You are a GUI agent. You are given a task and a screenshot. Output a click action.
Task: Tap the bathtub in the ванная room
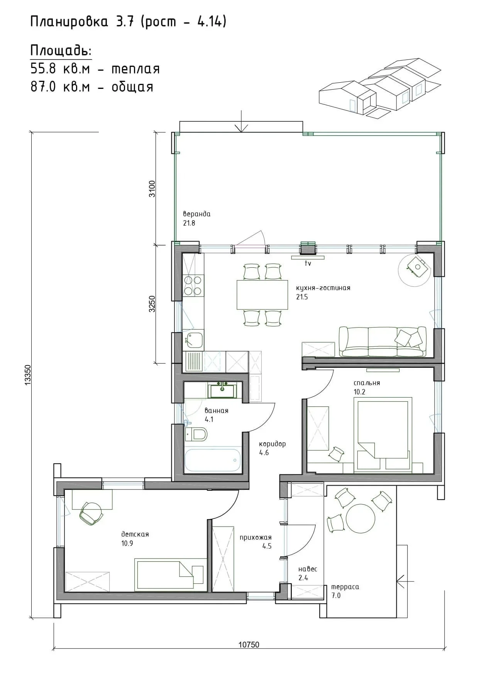point(213,460)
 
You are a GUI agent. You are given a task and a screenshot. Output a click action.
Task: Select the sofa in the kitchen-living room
point(383,342)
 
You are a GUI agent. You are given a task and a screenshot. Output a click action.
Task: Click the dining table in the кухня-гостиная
point(262,295)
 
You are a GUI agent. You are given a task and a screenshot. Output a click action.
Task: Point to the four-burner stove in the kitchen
point(193,286)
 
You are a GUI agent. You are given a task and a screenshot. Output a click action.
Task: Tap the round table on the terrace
point(361,518)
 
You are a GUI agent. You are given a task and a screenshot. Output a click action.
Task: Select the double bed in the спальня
point(383,435)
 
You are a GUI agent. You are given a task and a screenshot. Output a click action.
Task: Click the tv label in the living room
point(308,263)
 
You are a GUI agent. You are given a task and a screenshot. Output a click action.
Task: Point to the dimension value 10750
point(249,645)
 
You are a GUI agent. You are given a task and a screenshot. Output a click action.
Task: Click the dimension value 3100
point(152,189)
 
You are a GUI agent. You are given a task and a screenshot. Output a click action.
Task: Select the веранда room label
point(197,214)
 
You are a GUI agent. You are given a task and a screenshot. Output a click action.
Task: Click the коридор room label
point(273,444)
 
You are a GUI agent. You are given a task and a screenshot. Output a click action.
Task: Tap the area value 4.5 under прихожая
point(267,546)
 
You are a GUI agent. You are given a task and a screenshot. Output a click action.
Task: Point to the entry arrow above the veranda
point(241,121)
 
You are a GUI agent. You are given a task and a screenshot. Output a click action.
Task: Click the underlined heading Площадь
point(61,51)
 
